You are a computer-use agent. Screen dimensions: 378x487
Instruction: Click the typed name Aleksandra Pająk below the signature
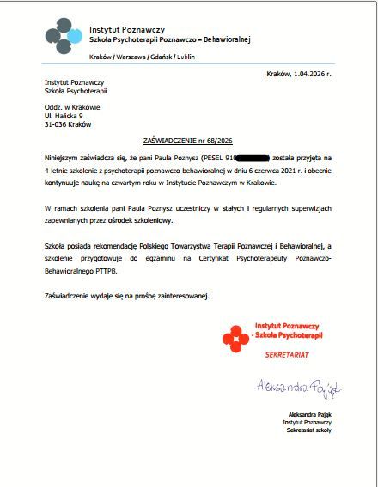(309, 414)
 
